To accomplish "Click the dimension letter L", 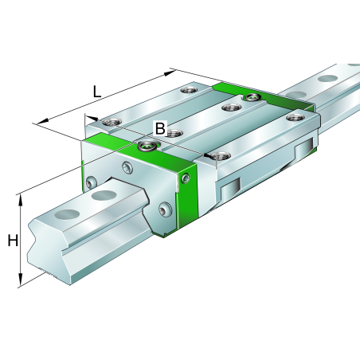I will tap(96, 91).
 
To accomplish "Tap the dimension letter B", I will tap(160, 128).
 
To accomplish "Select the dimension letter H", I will tap(12, 241).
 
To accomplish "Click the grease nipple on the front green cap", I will tap(146, 145).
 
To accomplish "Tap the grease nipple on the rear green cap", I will tap(252, 97).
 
